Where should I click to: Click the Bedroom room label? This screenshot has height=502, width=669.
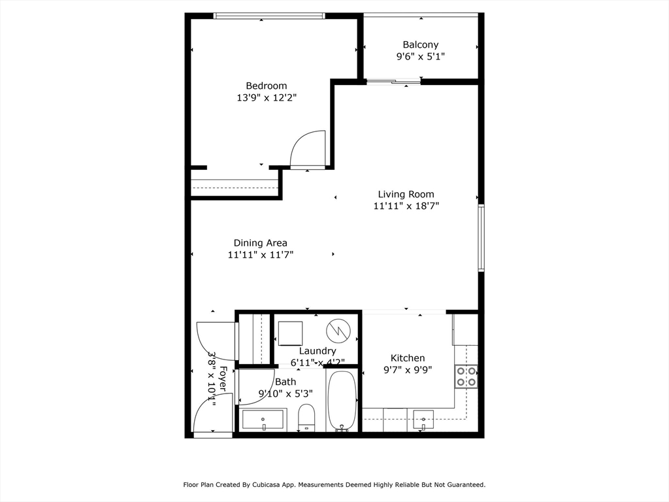266,86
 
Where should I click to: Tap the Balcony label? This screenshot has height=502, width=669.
420,44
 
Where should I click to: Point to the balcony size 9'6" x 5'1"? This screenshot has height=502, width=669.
420,56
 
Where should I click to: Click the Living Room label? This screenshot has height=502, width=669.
406,194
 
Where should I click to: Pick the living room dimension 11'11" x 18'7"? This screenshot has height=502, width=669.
406,206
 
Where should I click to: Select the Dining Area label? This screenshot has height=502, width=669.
260,243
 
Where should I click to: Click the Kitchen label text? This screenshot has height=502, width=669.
408,358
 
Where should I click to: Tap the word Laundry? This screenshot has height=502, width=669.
318,351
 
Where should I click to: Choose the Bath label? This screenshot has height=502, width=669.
286,382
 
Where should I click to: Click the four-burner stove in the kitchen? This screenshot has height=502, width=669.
466,376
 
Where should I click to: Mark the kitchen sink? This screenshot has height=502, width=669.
423,420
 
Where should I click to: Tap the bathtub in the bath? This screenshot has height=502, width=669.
341,401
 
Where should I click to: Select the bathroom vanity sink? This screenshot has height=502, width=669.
263,419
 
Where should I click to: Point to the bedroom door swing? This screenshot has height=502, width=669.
308,149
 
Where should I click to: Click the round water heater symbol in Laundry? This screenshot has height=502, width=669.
338,330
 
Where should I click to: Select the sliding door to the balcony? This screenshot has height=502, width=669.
393,82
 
